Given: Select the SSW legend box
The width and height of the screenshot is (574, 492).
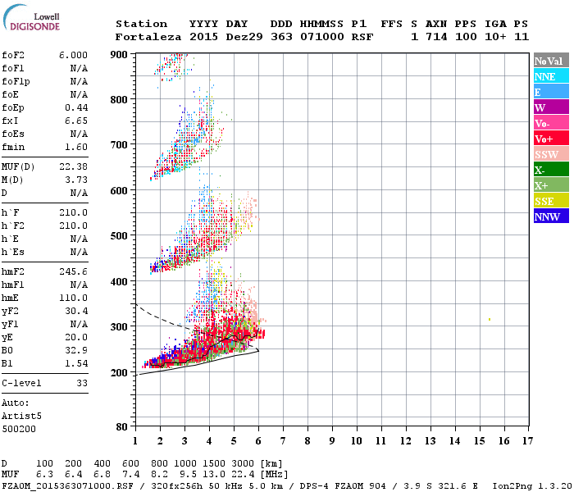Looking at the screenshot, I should pyautogui.click(x=550, y=154).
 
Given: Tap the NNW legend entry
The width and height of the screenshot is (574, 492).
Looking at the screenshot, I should pyautogui.click(x=550, y=216).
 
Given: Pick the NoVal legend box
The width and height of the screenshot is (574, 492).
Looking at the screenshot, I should pyautogui.click(x=550, y=61).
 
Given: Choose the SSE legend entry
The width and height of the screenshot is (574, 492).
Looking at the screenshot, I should pyautogui.click(x=550, y=201).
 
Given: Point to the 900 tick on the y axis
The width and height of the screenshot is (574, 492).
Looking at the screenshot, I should pyautogui.click(x=120, y=54).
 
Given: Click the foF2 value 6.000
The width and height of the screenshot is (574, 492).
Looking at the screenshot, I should pyautogui.click(x=73, y=54).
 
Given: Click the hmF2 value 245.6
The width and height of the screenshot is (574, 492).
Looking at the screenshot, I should pyautogui.click(x=73, y=271).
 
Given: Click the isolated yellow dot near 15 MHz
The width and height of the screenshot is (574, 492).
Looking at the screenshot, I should pyautogui.click(x=489, y=319).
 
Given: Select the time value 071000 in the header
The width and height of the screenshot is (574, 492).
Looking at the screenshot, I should pyautogui.click(x=326, y=37).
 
